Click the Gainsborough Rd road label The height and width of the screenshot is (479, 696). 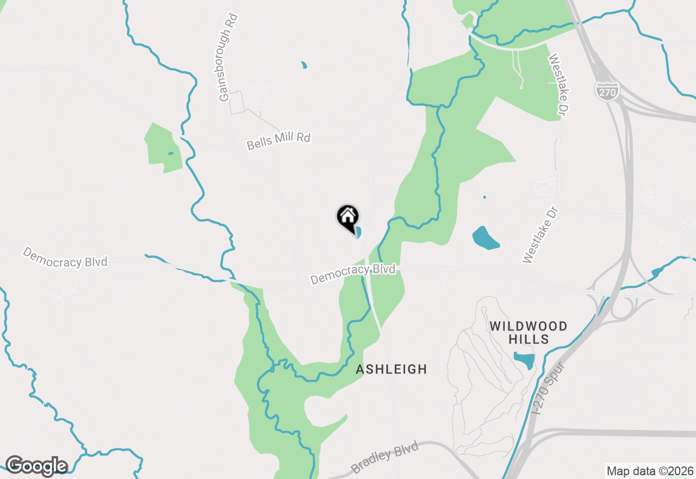tap(226, 65)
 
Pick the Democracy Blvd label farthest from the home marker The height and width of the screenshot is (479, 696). tap(65, 257)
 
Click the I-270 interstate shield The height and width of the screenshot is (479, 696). tap(606, 91)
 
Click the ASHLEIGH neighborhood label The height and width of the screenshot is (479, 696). tap(391, 370)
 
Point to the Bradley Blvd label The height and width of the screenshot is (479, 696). tap(385, 457)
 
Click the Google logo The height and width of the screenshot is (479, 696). tap(36, 466)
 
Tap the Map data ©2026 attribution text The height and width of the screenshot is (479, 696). tap(650, 471)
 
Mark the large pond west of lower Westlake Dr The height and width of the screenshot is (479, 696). tap(486, 238)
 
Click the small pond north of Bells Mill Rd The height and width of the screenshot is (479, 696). tap(304, 66)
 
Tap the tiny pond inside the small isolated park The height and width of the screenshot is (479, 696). tap(170, 154)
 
